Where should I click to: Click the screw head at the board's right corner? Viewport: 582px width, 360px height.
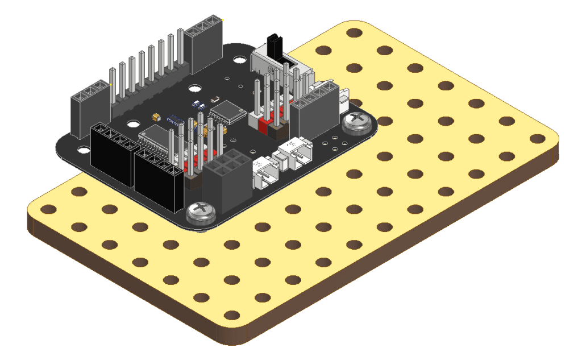(x=359, y=121)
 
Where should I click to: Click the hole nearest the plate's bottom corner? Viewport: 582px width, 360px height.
(x=231, y=315)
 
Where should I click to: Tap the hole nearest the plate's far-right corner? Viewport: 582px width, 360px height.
(x=536, y=138)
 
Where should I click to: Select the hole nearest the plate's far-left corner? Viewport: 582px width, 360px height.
(x=49, y=209)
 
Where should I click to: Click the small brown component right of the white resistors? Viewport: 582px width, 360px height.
(x=216, y=100)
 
